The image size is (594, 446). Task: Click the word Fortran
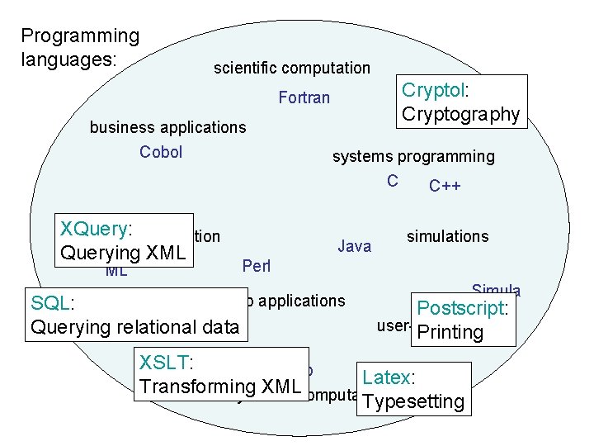tap(304, 98)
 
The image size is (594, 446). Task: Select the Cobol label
tap(161, 152)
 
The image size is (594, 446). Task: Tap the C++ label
tap(445, 186)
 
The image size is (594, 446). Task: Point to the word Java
tap(355, 246)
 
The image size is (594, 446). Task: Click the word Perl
tap(257, 267)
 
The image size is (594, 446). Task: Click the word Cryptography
tap(461, 114)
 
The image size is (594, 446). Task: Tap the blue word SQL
tap(49, 303)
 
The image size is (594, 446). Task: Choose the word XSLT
tap(164, 362)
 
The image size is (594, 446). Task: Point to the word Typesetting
tap(413, 402)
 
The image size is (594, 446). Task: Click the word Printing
tap(450, 332)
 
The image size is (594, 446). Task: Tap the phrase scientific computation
tap(292, 69)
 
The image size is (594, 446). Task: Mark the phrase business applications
tap(167, 127)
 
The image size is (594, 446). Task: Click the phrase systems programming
tap(413, 156)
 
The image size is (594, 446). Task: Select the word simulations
tap(447, 236)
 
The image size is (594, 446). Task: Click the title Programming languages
tap(80, 47)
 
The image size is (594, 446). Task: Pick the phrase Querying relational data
tap(134, 327)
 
